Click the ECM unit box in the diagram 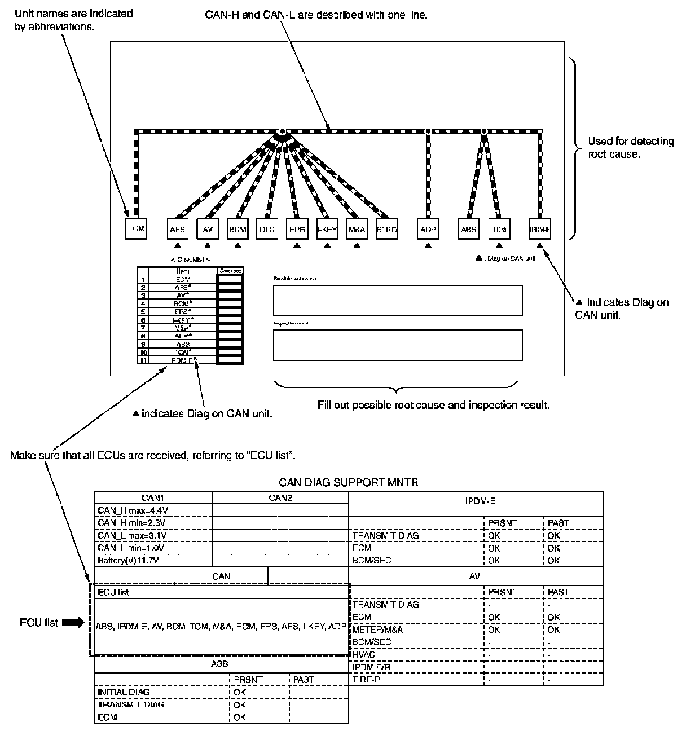(x=136, y=228)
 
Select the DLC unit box (x=267, y=230)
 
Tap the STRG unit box (x=386, y=230)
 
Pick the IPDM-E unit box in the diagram (x=539, y=230)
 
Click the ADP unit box (x=428, y=230)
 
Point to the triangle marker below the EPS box (x=297, y=246)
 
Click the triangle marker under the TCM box (x=499, y=246)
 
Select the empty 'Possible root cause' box (x=398, y=300)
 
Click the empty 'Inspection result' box (x=398, y=345)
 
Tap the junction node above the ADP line (x=428, y=131)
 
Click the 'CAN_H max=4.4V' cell (x=133, y=510)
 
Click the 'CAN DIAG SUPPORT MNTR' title (x=348, y=483)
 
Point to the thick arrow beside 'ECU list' (x=73, y=623)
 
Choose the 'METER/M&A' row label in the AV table (x=378, y=629)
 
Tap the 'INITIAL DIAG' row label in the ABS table (x=124, y=692)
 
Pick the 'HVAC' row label (x=364, y=654)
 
